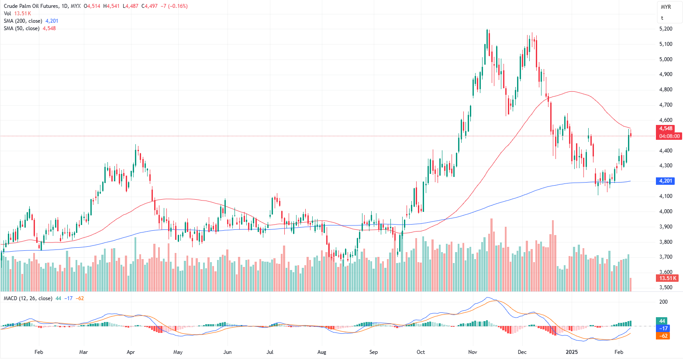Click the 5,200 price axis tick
(x=666, y=29)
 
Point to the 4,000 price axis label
(x=666, y=211)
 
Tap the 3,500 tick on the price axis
(x=666, y=287)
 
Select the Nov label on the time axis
(x=472, y=352)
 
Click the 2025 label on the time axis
(x=572, y=352)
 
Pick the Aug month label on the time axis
(x=322, y=352)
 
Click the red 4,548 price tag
(x=666, y=128)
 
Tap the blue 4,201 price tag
(x=666, y=181)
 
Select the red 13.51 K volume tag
(x=668, y=278)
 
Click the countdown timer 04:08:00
(x=669, y=136)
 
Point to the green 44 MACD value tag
(x=662, y=321)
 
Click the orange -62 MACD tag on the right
(x=663, y=336)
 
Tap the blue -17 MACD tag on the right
(x=663, y=329)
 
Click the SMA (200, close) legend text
(x=23, y=21)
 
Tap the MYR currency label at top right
(x=666, y=7)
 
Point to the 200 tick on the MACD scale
(x=663, y=302)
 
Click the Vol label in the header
(x=7, y=14)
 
